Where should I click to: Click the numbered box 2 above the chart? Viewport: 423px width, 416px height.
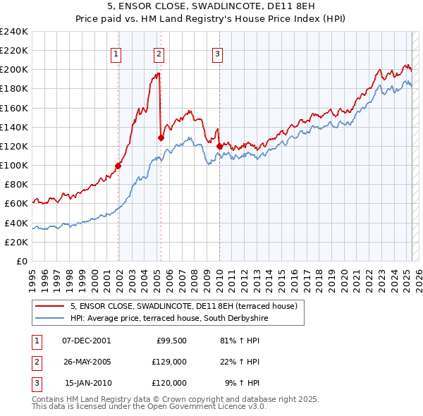click(x=159, y=54)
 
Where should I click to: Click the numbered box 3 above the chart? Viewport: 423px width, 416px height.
click(x=218, y=54)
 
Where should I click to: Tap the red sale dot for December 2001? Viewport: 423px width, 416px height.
click(x=118, y=166)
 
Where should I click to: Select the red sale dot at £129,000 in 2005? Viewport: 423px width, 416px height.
click(x=161, y=137)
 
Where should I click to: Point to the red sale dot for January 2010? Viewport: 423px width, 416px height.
click(x=219, y=146)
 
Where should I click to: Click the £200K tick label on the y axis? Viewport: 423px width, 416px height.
click(x=15, y=70)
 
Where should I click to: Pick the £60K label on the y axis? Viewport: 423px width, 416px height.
click(x=17, y=204)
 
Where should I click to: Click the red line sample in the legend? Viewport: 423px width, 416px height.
click(x=49, y=306)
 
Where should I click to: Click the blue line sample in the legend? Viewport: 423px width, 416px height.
click(x=49, y=318)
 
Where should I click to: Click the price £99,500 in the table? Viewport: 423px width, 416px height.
click(x=171, y=341)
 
